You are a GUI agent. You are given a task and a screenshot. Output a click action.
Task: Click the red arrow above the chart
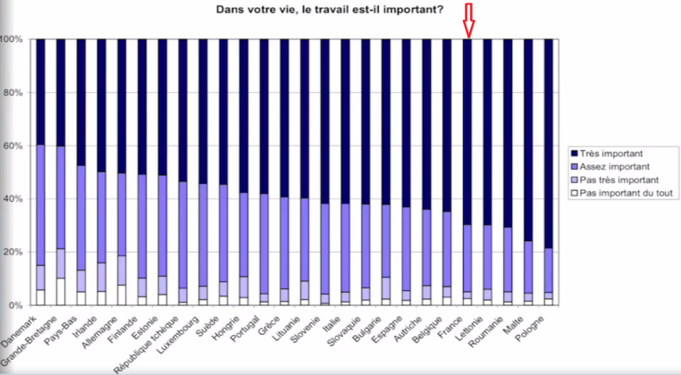coord(468,20)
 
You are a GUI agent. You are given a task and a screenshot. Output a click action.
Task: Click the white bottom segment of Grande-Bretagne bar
coord(61,291)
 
